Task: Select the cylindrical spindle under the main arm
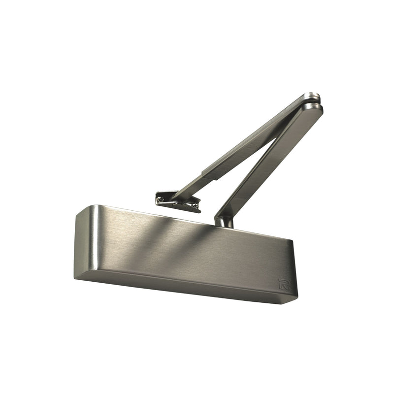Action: (225, 222)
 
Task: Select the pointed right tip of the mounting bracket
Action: (199, 210)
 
